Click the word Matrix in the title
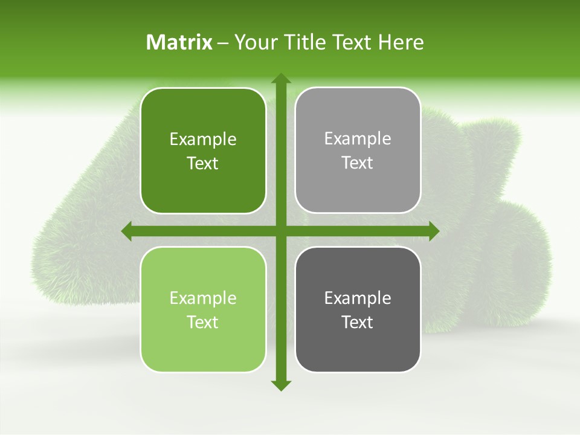point(179,42)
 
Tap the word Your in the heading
point(255,42)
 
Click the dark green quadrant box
point(203,150)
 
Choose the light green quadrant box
point(203,309)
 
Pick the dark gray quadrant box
point(358,309)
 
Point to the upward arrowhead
point(280,78)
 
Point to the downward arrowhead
point(280,385)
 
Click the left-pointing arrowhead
point(127,231)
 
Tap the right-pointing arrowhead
point(433,231)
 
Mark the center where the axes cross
point(280,231)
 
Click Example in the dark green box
point(203,140)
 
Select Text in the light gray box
point(358,163)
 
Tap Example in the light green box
point(203,298)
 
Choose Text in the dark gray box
point(358,322)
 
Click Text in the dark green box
point(203,163)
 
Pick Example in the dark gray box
point(358,298)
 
